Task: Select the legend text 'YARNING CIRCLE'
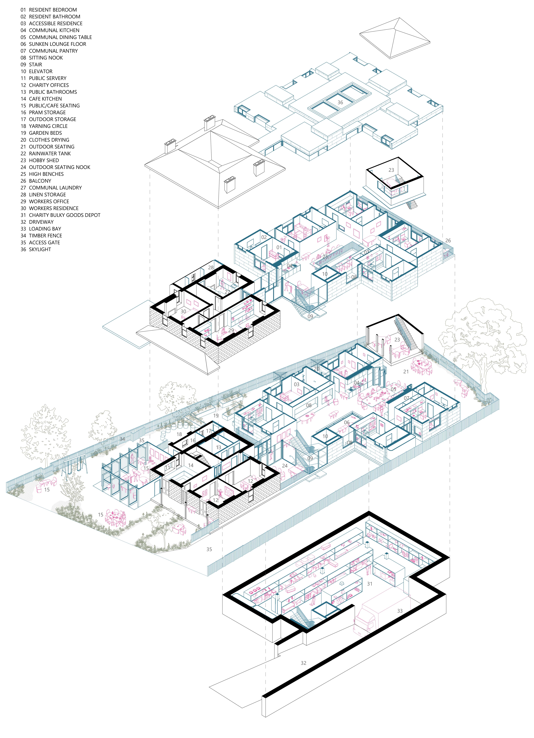pyautogui.click(x=48, y=126)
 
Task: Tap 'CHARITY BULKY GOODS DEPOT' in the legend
pyautogui.click(x=64, y=215)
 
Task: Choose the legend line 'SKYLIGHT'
pyautogui.click(x=40, y=249)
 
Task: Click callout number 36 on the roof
pyautogui.click(x=340, y=102)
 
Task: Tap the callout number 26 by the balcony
pyautogui.click(x=448, y=240)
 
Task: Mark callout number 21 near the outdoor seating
pyautogui.click(x=406, y=372)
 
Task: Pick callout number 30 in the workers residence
pyautogui.click(x=183, y=311)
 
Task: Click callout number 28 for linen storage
pyautogui.click(x=211, y=267)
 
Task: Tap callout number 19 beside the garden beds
pyautogui.click(x=216, y=416)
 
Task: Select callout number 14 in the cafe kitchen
pyautogui.click(x=191, y=465)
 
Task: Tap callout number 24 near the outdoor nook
pyautogui.click(x=285, y=466)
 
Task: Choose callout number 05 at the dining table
pyautogui.click(x=393, y=389)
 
